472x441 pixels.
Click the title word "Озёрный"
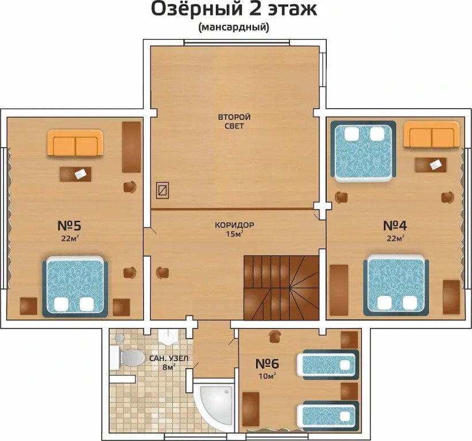pyautogui.click(x=196, y=10)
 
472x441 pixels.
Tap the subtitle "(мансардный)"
pyautogui.click(x=234, y=28)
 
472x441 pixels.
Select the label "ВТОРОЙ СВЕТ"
pyautogui.click(x=234, y=121)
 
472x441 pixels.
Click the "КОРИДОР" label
pyautogui.click(x=234, y=225)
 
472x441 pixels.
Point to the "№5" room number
pyautogui.click(x=69, y=225)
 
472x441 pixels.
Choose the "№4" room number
pyautogui.click(x=395, y=225)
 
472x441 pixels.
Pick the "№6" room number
pyautogui.click(x=267, y=363)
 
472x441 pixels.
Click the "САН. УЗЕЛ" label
pyautogui.click(x=169, y=358)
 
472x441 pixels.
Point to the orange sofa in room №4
pyautogui.click(x=432, y=134)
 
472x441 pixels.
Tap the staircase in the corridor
pyautogui.click(x=281, y=288)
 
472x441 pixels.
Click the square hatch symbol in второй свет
pyautogui.click(x=163, y=190)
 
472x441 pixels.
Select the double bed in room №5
pyautogui.click(x=75, y=287)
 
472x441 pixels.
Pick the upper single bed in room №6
pyautogui.click(x=328, y=364)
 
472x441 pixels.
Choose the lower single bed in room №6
pyautogui.click(x=328, y=415)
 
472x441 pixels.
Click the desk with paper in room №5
pyautogui.click(x=76, y=174)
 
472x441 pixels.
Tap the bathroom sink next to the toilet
pyautogui.click(x=169, y=336)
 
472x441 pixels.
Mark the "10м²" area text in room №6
pyautogui.click(x=268, y=376)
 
